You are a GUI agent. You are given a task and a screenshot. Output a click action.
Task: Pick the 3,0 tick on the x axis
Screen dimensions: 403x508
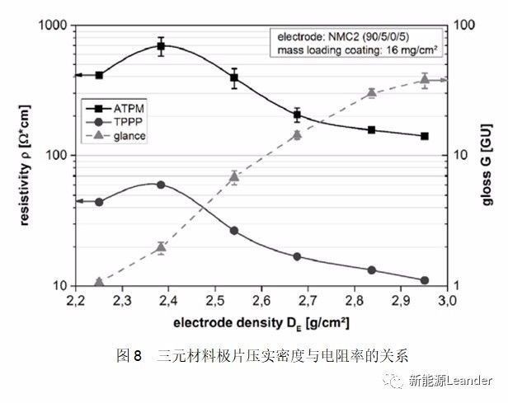[447, 298]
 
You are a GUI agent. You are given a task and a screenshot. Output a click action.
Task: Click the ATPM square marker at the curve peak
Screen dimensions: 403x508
[162, 46]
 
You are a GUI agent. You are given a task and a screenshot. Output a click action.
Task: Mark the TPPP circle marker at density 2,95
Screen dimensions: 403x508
[425, 280]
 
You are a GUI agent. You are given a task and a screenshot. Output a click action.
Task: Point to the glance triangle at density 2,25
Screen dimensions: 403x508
[99, 282]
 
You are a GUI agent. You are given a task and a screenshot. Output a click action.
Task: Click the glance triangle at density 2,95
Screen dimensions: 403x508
[425, 78]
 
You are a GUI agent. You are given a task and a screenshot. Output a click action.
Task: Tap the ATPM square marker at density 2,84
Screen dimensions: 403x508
[372, 129]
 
